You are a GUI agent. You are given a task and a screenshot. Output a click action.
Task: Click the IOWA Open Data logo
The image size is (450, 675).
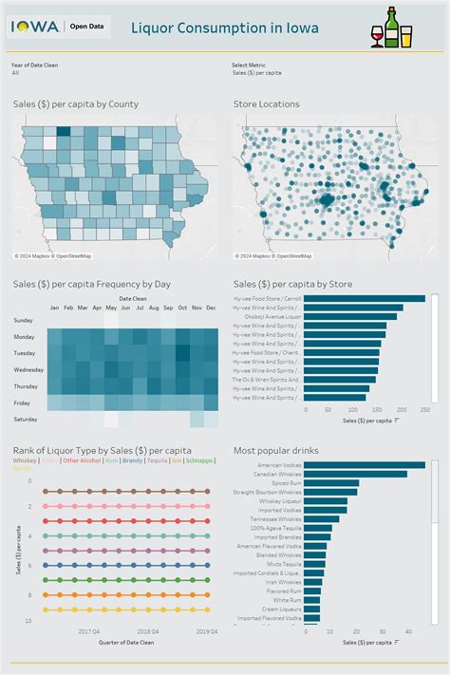(x=59, y=28)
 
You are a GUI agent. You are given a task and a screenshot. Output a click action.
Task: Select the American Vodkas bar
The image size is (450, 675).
(x=366, y=465)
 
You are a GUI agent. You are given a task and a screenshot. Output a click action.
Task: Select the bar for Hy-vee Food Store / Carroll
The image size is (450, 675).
(x=366, y=299)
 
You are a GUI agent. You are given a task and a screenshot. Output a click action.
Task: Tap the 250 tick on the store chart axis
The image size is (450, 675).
(x=423, y=411)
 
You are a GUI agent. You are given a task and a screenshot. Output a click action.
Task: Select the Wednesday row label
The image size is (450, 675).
(x=28, y=368)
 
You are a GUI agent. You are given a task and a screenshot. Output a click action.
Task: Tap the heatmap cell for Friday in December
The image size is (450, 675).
(x=211, y=403)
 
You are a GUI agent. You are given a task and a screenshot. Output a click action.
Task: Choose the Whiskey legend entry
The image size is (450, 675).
(x=24, y=459)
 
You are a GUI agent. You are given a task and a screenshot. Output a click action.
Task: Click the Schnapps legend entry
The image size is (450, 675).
(x=199, y=459)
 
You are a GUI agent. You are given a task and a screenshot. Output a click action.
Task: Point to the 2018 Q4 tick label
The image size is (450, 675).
(x=147, y=629)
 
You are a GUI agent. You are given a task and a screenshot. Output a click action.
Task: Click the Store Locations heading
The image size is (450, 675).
(x=266, y=103)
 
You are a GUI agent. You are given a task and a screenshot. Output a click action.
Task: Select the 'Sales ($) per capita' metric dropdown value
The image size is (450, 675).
(x=256, y=72)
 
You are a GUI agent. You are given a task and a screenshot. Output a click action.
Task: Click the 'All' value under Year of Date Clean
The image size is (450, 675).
(x=16, y=72)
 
